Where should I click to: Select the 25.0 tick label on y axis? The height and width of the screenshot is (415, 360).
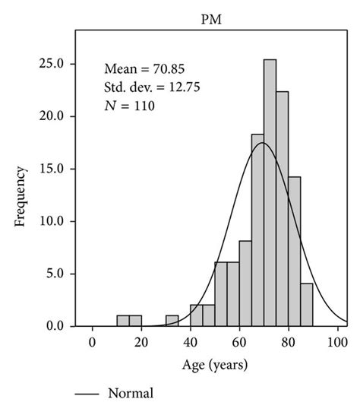(52, 64)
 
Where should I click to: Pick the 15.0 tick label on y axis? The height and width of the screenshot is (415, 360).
(52, 169)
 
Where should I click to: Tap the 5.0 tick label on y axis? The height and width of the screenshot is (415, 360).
(55, 274)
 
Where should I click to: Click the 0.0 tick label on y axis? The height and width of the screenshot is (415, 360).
(55, 326)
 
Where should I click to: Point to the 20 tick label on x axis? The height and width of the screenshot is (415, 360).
(141, 341)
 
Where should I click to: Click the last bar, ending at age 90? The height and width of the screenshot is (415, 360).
(306, 305)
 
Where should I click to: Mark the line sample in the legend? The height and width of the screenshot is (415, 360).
(89, 394)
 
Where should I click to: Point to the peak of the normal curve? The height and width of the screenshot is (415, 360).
(263, 143)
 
